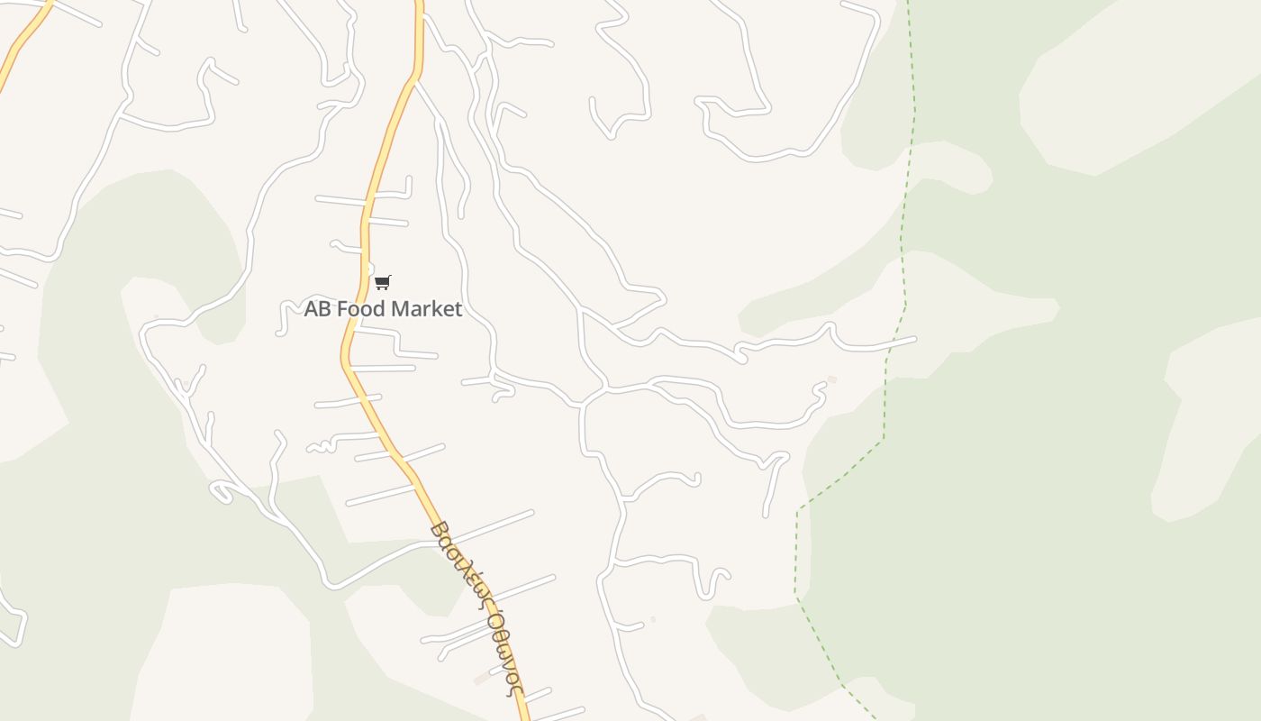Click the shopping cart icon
click(382, 283)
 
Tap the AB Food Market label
click(383, 309)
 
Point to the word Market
click(426, 309)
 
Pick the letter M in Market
click(400, 309)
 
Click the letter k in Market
click(440, 309)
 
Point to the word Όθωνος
click(503, 651)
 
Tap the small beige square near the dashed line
click(831, 379)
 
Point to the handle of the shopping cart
click(389, 278)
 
